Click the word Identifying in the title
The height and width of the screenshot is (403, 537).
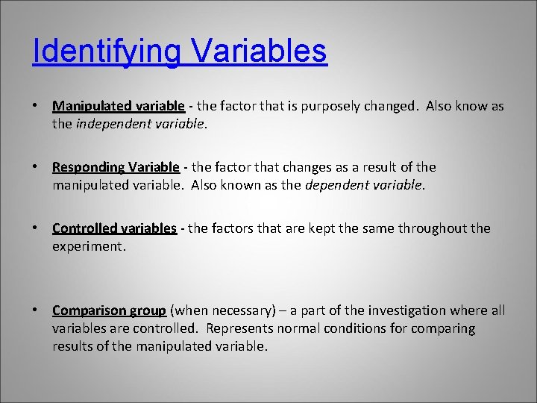tap(106, 52)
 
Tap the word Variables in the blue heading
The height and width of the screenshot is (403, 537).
tap(259, 52)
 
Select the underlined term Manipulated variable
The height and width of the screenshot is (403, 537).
tap(119, 106)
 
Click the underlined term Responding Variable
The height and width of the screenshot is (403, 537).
tap(116, 167)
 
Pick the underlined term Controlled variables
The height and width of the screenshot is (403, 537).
tap(114, 228)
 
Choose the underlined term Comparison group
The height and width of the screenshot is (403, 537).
tap(109, 310)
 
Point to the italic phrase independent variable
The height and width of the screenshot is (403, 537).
tap(139, 124)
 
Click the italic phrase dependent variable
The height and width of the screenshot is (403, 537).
tap(365, 185)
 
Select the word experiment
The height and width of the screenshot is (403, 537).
tap(89, 246)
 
